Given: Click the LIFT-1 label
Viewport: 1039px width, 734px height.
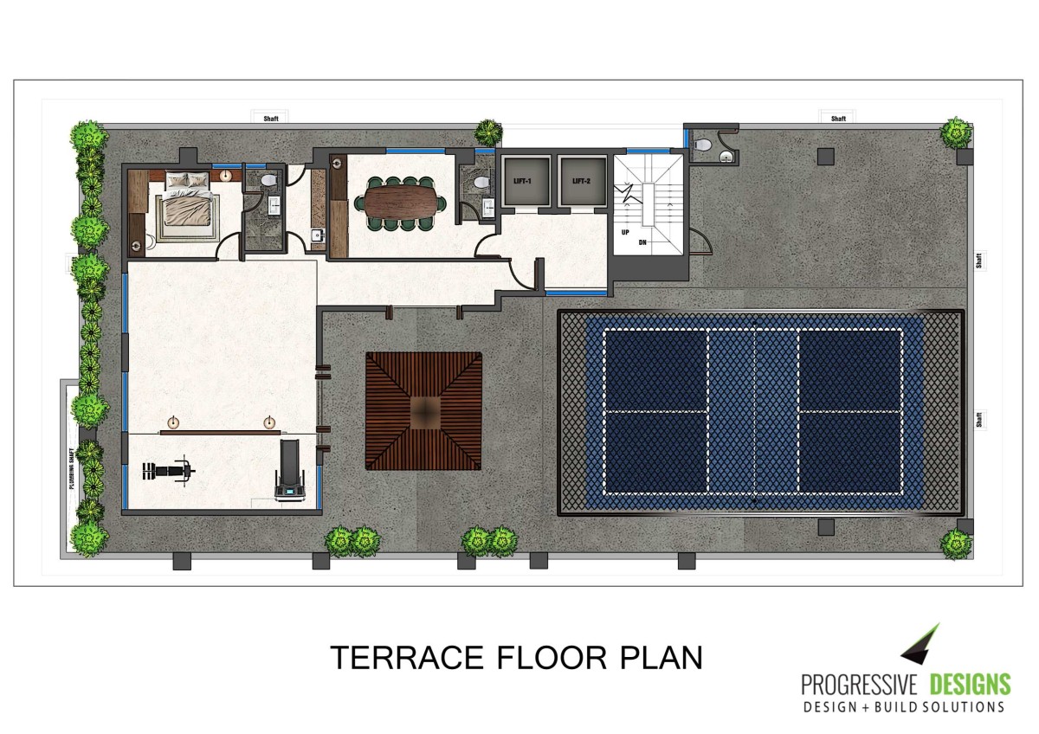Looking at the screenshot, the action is click(x=522, y=181).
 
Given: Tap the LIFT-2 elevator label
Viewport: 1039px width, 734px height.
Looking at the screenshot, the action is click(x=581, y=181).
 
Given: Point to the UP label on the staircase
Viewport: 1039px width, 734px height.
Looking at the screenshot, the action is click(x=625, y=232).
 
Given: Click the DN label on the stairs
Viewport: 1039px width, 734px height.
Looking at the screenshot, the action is click(x=642, y=242).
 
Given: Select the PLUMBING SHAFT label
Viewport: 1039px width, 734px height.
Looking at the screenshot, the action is click(x=72, y=468).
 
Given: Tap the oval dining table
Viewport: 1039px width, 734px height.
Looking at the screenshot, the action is click(x=400, y=203).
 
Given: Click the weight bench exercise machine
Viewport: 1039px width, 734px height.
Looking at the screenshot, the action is click(x=168, y=471).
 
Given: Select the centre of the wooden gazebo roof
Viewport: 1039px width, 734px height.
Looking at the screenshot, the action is click(x=424, y=411).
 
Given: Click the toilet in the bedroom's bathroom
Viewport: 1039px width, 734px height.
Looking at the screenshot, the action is click(x=268, y=180).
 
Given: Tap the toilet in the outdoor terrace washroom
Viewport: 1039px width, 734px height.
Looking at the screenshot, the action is click(x=703, y=145).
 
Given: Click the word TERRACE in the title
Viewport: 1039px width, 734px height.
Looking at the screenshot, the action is click(x=407, y=658).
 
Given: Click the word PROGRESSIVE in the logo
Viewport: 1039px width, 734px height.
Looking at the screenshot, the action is click(x=859, y=685).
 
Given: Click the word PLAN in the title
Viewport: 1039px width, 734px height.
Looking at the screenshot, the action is click(x=661, y=658).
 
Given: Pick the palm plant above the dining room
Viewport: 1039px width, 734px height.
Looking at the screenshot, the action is click(x=487, y=132).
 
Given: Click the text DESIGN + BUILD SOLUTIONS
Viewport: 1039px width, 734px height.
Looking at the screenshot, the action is click(x=904, y=707).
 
